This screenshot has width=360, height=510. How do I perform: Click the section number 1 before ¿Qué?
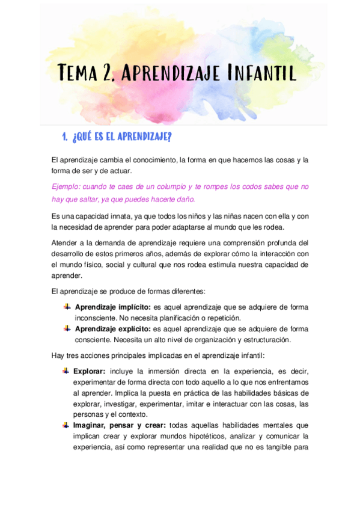pos(64,137)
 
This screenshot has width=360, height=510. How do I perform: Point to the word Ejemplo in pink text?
pos(67,186)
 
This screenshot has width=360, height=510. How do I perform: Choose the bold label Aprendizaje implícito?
pos(112,307)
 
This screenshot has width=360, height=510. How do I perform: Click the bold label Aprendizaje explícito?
pos(112,329)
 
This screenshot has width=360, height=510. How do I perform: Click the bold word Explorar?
pos(90,371)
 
